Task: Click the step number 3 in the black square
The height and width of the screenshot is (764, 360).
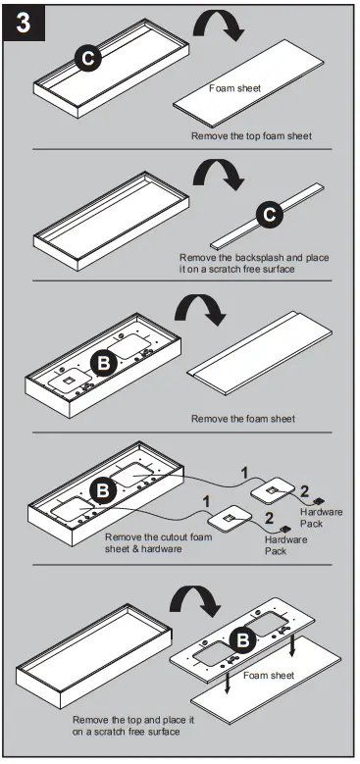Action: [x=21, y=24]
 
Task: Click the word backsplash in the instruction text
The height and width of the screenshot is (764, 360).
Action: [x=247, y=257]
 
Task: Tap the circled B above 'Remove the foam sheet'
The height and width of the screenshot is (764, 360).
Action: [x=104, y=363]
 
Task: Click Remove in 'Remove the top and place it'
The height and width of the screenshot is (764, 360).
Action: [x=90, y=720]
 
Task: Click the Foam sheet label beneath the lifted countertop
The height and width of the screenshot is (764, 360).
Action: [x=267, y=676]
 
